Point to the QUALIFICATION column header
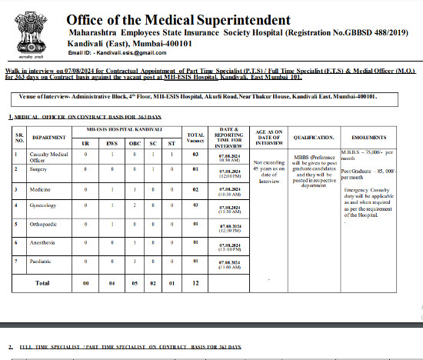(x=314, y=138)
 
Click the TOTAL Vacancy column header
(x=195, y=138)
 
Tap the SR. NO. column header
(x=21, y=138)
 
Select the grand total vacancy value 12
(x=195, y=283)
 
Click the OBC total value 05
(x=136, y=283)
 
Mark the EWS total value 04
(x=112, y=283)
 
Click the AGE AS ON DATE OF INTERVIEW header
(x=269, y=138)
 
